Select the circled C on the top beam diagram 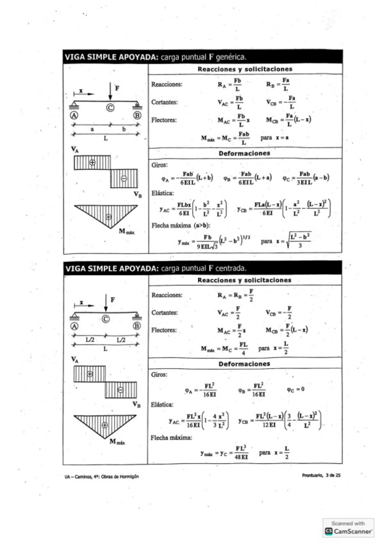[110, 107]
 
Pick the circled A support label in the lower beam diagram [74, 327]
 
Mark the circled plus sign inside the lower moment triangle [104, 425]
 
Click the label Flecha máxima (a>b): [174, 226]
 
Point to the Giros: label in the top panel [158, 165]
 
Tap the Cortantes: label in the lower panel [164, 314]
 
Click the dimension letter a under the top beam [92, 128]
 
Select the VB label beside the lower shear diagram [137, 404]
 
